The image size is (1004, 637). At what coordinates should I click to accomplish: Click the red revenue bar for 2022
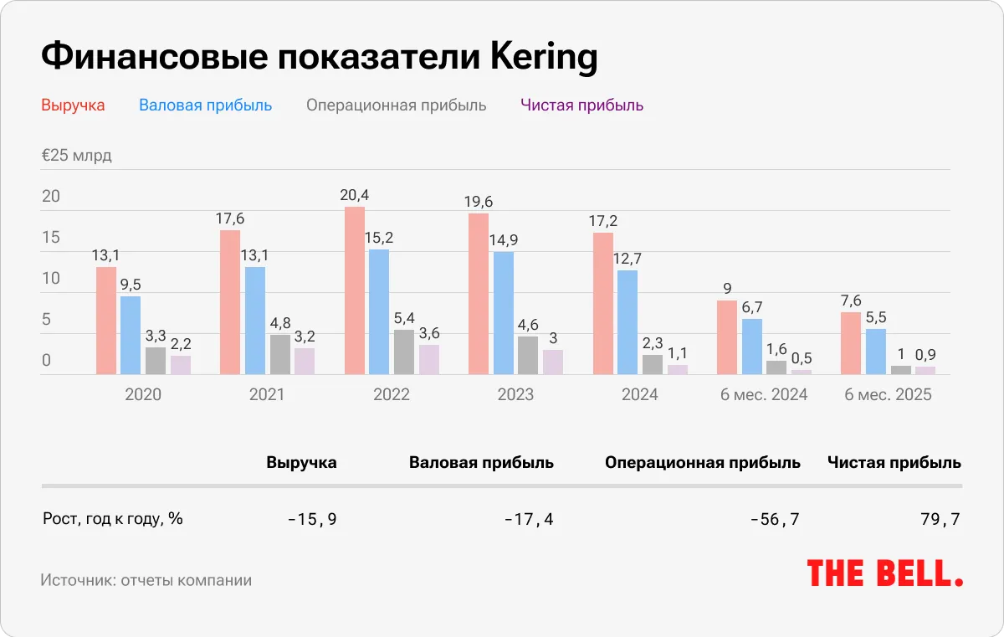coord(355,290)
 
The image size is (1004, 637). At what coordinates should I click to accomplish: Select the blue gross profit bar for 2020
coord(131,335)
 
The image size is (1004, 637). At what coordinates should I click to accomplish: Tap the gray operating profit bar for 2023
coord(528,355)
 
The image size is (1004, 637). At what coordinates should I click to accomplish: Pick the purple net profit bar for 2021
coord(305,361)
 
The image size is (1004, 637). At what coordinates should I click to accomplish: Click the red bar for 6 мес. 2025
coord(851,343)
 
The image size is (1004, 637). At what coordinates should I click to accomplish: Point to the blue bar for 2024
coord(627,322)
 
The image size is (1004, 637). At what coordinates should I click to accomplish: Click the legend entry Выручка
coord(73,105)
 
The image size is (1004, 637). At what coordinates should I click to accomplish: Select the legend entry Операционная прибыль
coord(396,105)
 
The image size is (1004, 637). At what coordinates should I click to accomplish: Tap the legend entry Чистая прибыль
coord(581,105)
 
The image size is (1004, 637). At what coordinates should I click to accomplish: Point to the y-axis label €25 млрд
coord(76,156)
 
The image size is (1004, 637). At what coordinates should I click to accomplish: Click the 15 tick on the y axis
coord(51,238)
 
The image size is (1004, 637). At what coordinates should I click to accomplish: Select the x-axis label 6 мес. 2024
coord(764,394)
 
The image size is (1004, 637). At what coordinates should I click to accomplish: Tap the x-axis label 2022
coord(392,394)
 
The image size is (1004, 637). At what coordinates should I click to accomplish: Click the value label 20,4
coord(354,195)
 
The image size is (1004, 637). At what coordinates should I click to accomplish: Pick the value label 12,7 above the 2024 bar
coord(627,258)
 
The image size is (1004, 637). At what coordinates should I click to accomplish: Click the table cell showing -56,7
coord(775,520)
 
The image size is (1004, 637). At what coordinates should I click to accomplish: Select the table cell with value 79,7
coord(940,520)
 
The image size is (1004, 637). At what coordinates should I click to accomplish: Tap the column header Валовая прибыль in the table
coord(481,462)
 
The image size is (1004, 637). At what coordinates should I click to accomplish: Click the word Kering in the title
coord(544,58)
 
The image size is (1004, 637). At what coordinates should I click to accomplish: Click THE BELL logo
coord(884,573)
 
